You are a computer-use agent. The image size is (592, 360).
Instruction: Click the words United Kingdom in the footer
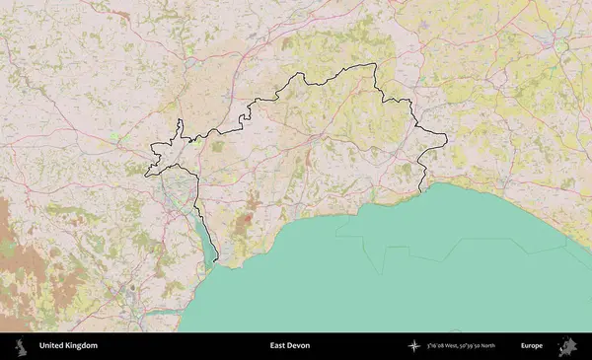[68, 346]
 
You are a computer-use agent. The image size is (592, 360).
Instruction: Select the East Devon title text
[290, 346]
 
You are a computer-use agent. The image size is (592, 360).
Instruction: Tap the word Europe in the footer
[532, 346]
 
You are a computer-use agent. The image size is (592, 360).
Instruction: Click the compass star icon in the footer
[414, 346]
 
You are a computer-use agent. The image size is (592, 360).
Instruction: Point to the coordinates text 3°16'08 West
[462, 346]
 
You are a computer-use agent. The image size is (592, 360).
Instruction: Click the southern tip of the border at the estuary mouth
[216, 263]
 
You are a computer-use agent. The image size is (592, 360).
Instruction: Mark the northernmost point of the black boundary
[374, 65]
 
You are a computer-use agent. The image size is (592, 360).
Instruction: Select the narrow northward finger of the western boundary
[182, 126]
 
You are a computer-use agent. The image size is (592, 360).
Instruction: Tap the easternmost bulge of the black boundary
[446, 138]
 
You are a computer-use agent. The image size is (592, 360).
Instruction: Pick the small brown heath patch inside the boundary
[251, 202]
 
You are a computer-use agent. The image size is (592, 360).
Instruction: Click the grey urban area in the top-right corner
[560, 44]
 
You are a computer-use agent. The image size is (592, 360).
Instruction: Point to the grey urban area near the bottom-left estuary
[131, 293]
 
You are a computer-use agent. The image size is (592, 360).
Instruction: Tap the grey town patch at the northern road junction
[190, 62]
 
